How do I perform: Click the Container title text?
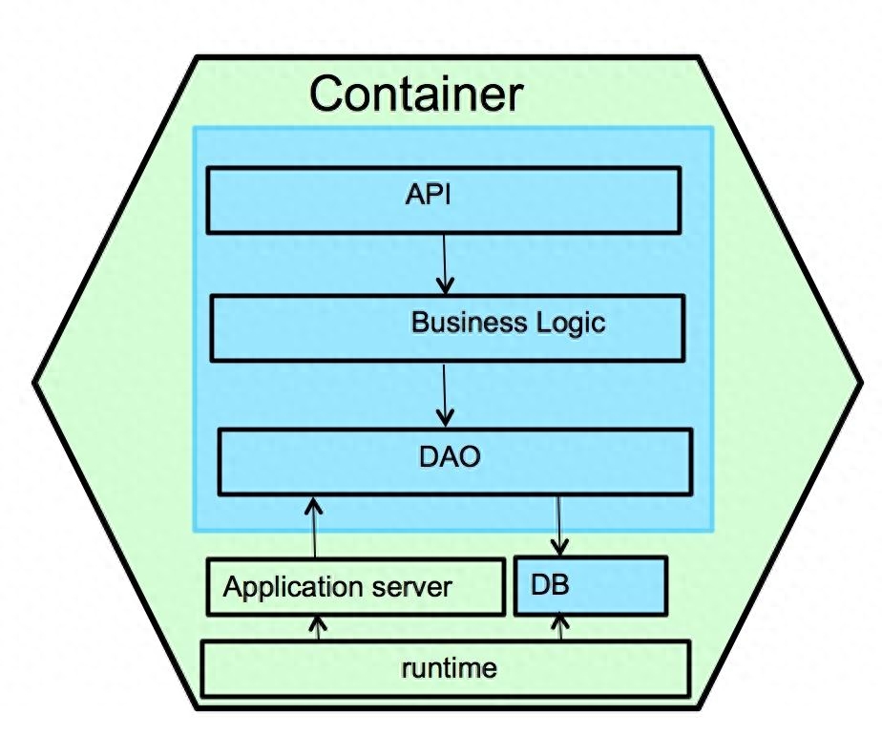pyautogui.click(x=416, y=94)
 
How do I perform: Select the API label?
pyautogui.click(x=428, y=195)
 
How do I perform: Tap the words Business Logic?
pyautogui.click(x=508, y=323)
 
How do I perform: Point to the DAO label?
pyautogui.click(x=450, y=456)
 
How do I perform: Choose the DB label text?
pyautogui.click(x=550, y=585)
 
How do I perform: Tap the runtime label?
pyautogui.click(x=449, y=668)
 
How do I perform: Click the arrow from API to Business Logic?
pyautogui.click(x=445, y=263)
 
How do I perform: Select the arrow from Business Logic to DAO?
pyautogui.click(x=445, y=395)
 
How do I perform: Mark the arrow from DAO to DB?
pyautogui.click(x=559, y=526)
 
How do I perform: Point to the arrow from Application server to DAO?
pyautogui.click(x=314, y=528)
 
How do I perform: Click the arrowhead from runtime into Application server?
pyautogui.click(x=318, y=623)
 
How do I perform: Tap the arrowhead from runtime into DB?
pyautogui.click(x=560, y=622)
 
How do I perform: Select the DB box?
pyautogui.click(x=591, y=586)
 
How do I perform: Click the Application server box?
pyautogui.click(x=356, y=587)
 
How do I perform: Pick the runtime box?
pyautogui.click(x=446, y=668)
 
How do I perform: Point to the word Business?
pyautogui.click(x=469, y=322)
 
